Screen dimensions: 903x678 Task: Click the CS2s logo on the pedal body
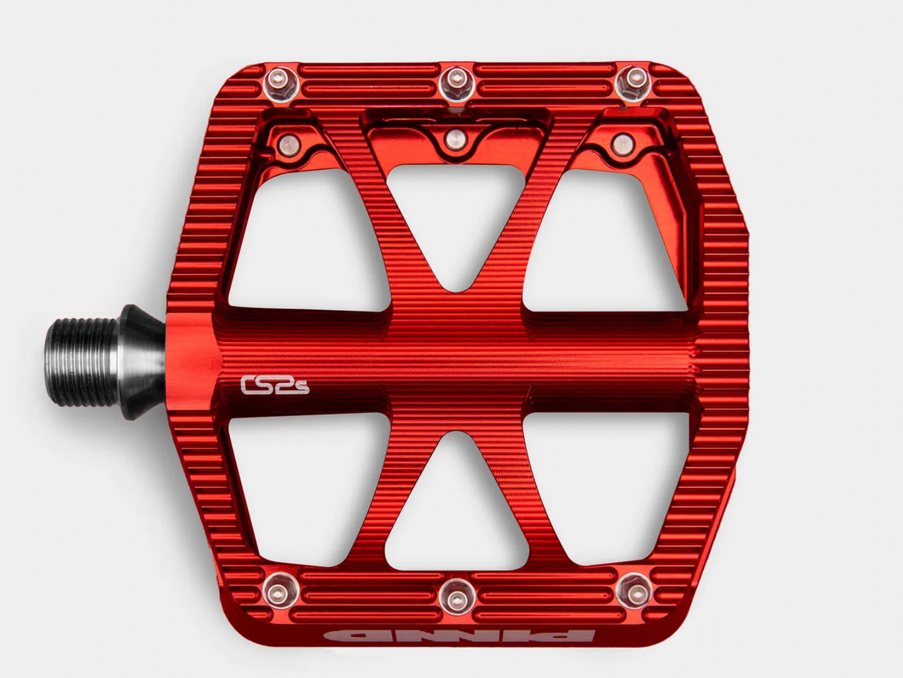(x=274, y=385)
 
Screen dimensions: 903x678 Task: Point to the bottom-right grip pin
(x=635, y=592)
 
